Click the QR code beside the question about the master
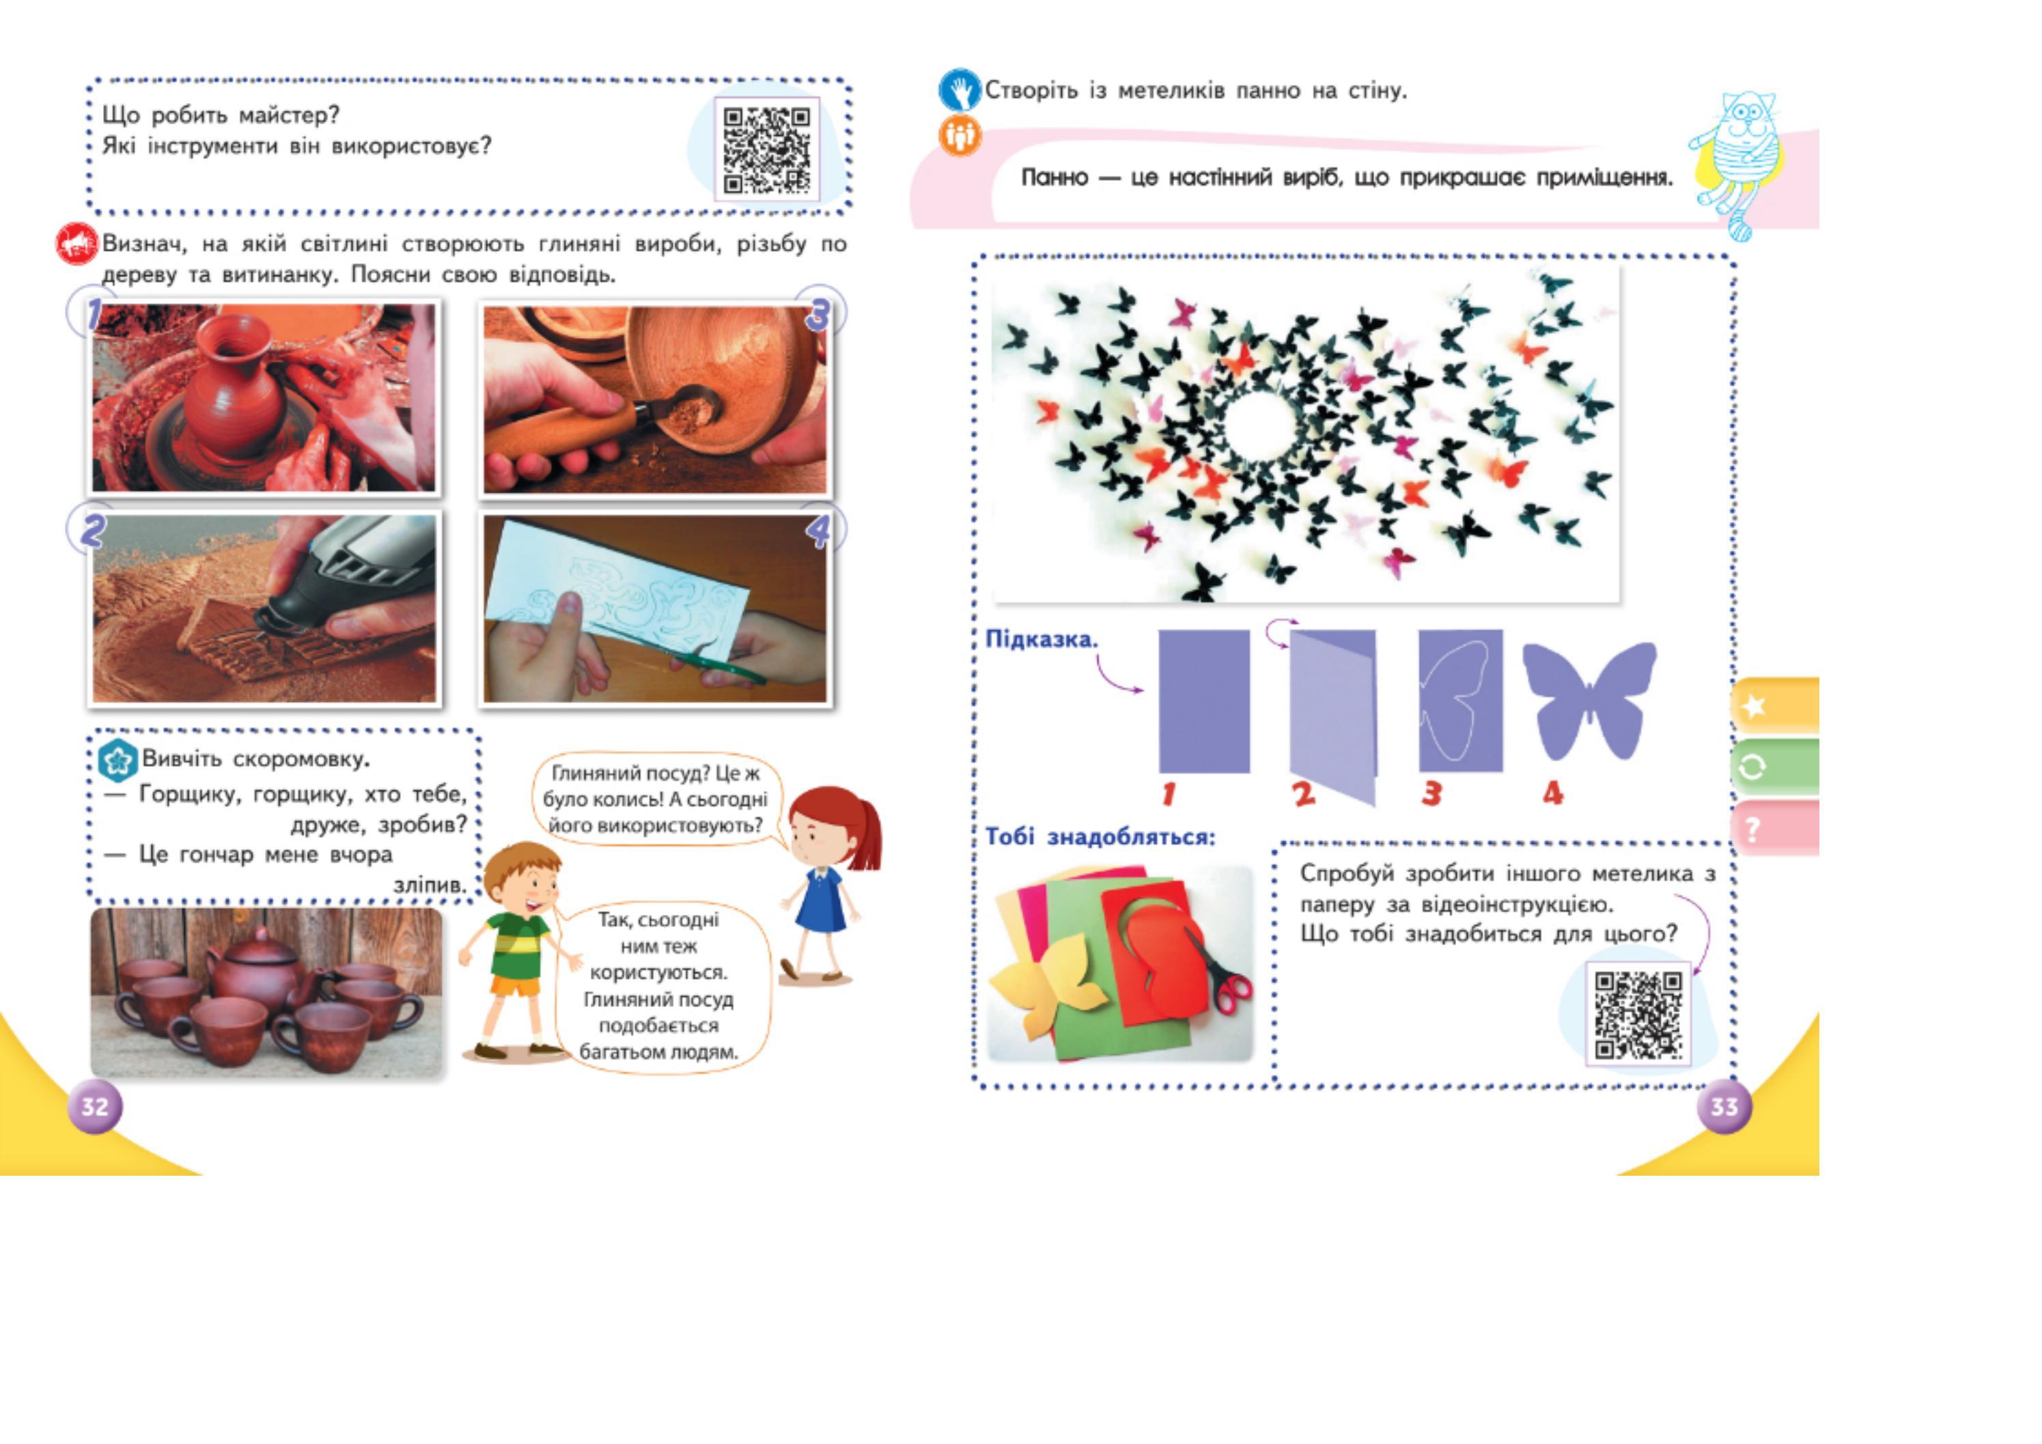(766, 150)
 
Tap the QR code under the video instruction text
(1637, 1015)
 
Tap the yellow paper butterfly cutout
(1050, 987)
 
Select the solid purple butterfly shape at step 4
(1589, 700)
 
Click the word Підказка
(1041, 639)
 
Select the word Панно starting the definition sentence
(1054, 178)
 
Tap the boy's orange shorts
(515, 985)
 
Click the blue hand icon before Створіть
(960, 91)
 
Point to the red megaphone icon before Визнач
(77, 244)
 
